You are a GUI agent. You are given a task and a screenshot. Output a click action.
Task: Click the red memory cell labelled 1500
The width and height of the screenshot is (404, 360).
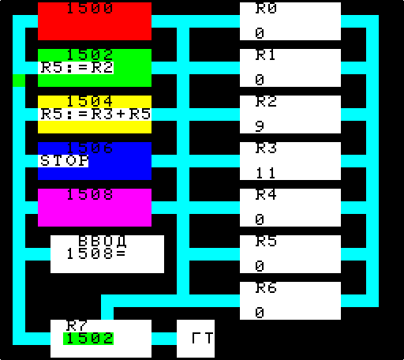(95, 21)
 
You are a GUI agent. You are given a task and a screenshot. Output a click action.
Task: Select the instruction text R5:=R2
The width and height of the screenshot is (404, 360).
(77, 68)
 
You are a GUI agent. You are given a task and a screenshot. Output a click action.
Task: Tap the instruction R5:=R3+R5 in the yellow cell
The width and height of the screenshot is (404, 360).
(95, 114)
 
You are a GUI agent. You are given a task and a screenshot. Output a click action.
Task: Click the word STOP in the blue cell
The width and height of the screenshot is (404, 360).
(65, 161)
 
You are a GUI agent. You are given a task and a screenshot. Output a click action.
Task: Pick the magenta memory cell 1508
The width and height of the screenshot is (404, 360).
(95, 208)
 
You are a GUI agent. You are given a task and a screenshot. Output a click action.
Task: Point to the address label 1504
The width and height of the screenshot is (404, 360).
(89, 101)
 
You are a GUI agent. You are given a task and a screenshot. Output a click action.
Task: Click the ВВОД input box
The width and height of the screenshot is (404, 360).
(107, 254)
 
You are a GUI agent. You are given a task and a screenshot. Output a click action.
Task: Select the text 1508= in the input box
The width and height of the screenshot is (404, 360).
(96, 254)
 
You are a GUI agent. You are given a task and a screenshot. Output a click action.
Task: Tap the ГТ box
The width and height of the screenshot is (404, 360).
(196, 339)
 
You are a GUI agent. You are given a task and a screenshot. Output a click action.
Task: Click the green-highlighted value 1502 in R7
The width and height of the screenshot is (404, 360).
(88, 339)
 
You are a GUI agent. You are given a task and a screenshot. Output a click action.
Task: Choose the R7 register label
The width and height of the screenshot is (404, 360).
(77, 326)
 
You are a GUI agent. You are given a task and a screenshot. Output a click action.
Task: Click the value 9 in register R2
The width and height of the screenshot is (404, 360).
(260, 126)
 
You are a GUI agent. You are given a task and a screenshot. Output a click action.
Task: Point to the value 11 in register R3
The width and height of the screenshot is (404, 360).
(266, 173)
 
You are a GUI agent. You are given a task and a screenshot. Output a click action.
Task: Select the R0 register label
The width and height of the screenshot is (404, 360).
(266, 8)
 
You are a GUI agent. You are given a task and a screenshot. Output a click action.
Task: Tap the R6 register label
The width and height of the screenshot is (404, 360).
(266, 287)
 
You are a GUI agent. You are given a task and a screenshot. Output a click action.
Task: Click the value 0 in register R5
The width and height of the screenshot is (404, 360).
(260, 266)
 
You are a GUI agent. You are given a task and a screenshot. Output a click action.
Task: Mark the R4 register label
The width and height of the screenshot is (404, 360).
(266, 194)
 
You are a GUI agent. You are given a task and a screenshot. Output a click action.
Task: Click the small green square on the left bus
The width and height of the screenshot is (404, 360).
(19, 81)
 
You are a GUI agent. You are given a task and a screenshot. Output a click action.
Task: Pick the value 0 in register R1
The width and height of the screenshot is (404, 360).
(260, 80)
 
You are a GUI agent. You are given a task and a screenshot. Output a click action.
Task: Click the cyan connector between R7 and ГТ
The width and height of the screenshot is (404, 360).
(164, 339)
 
